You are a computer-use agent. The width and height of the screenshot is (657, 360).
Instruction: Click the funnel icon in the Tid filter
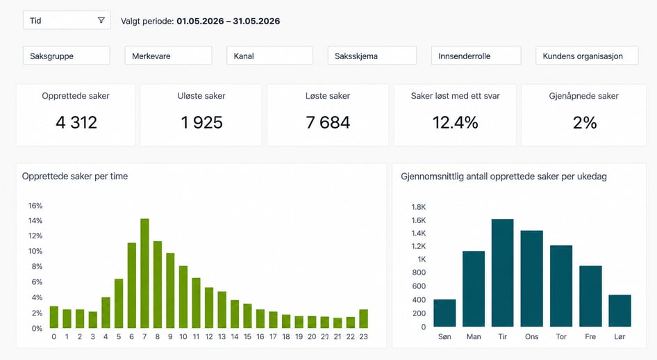click(x=101, y=20)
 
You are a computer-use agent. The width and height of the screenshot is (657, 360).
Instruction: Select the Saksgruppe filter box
click(x=67, y=56)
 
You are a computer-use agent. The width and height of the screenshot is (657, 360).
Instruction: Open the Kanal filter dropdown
click(x=270, y=56)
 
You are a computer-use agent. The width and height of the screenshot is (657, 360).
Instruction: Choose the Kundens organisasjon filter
click(x=587, y=56)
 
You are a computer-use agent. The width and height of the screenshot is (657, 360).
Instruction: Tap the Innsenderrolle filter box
click(x=476, y=56)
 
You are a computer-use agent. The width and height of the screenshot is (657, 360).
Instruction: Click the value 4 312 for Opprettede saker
click(x=76, y=122)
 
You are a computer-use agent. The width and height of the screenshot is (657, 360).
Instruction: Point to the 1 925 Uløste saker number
click(x=201, y=122)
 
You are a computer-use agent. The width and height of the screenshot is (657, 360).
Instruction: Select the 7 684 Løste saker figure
click(x=328, y=122)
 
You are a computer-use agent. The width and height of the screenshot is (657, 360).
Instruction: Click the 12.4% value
click(x=455, y=122)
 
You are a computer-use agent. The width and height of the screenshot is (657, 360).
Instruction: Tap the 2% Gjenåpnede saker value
click(x=585, y=122)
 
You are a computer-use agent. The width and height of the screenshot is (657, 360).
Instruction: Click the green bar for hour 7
click(x=144, y=273)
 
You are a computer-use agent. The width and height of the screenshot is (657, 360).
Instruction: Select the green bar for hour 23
click(x=364, y=319)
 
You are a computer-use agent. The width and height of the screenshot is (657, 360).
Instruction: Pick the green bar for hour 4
click(x=106, y=313)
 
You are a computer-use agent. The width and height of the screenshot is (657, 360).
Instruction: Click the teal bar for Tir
click(x=502, y=273)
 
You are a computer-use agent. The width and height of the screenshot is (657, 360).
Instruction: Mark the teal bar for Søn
click(x=444, y=313)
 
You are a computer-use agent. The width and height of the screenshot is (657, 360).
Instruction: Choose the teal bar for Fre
click(x=590, y=296)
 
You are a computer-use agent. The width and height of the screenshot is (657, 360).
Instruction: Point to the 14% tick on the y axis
click(x=35, y=221)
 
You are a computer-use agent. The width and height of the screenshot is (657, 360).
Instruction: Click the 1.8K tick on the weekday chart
click(x=419, y=206)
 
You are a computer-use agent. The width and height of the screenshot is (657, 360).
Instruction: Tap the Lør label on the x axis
click(x=619, y=336)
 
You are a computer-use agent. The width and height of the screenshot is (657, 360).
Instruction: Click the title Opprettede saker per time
click(x=75, y=177)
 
